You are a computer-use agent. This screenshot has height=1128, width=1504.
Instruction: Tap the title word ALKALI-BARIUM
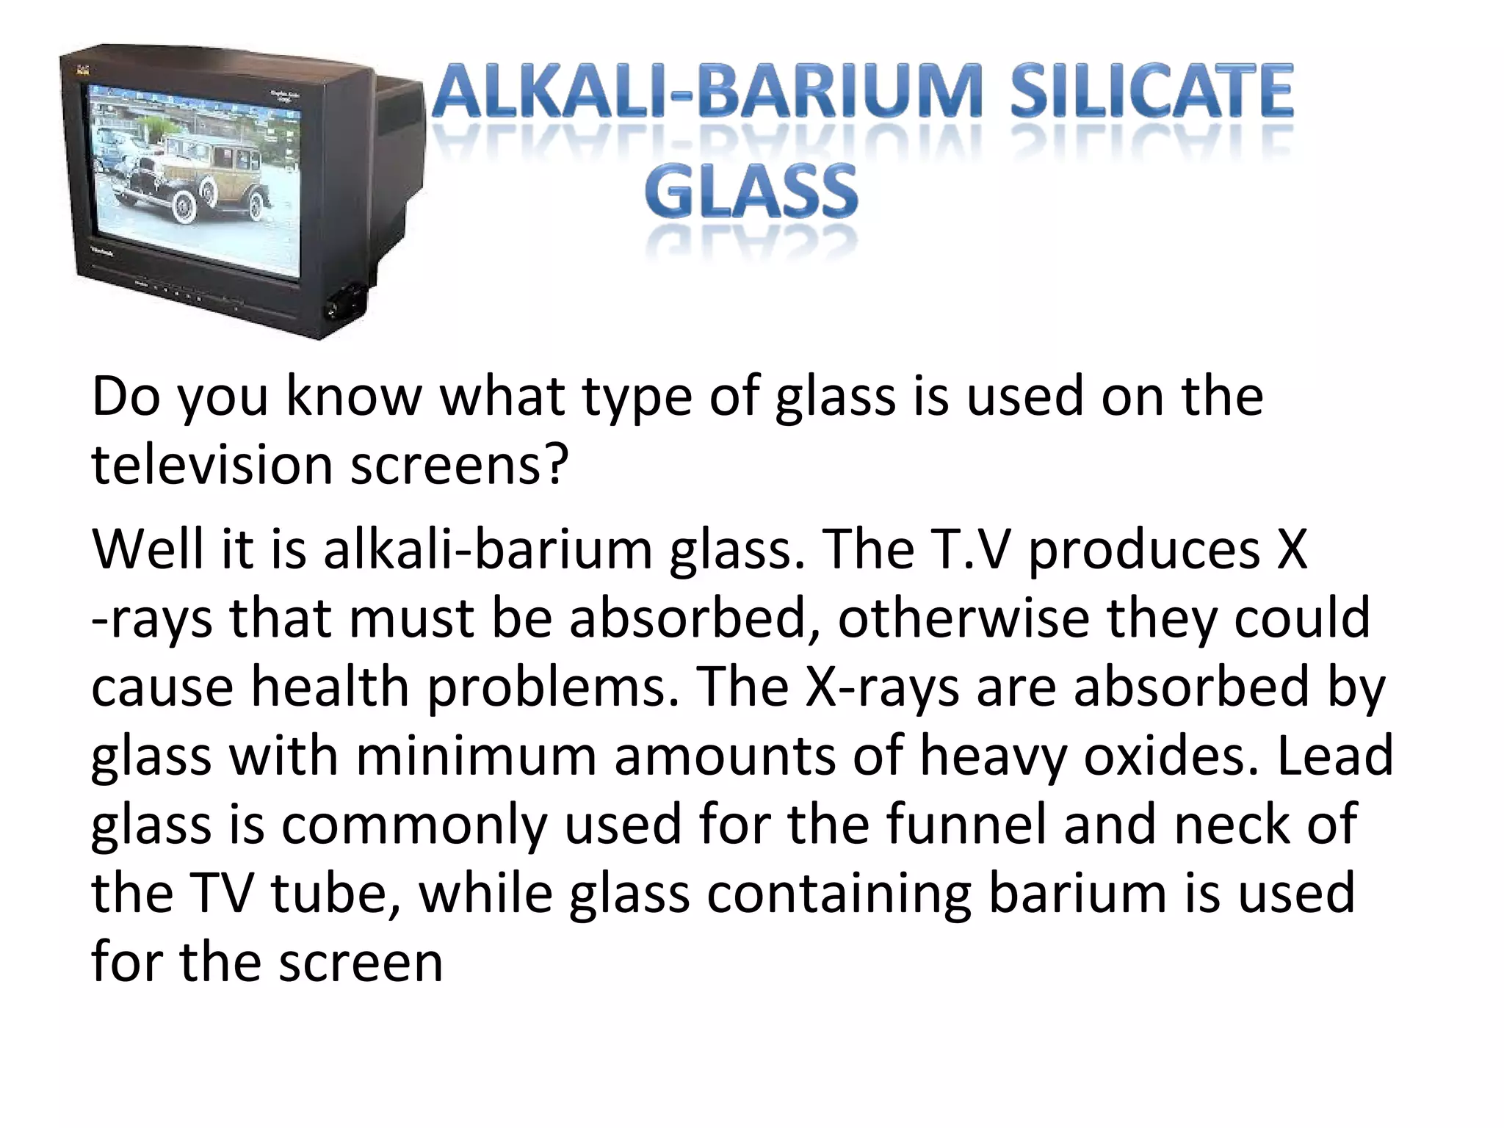coord(706,93)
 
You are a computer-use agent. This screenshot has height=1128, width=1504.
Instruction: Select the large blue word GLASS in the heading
coord(751,192)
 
